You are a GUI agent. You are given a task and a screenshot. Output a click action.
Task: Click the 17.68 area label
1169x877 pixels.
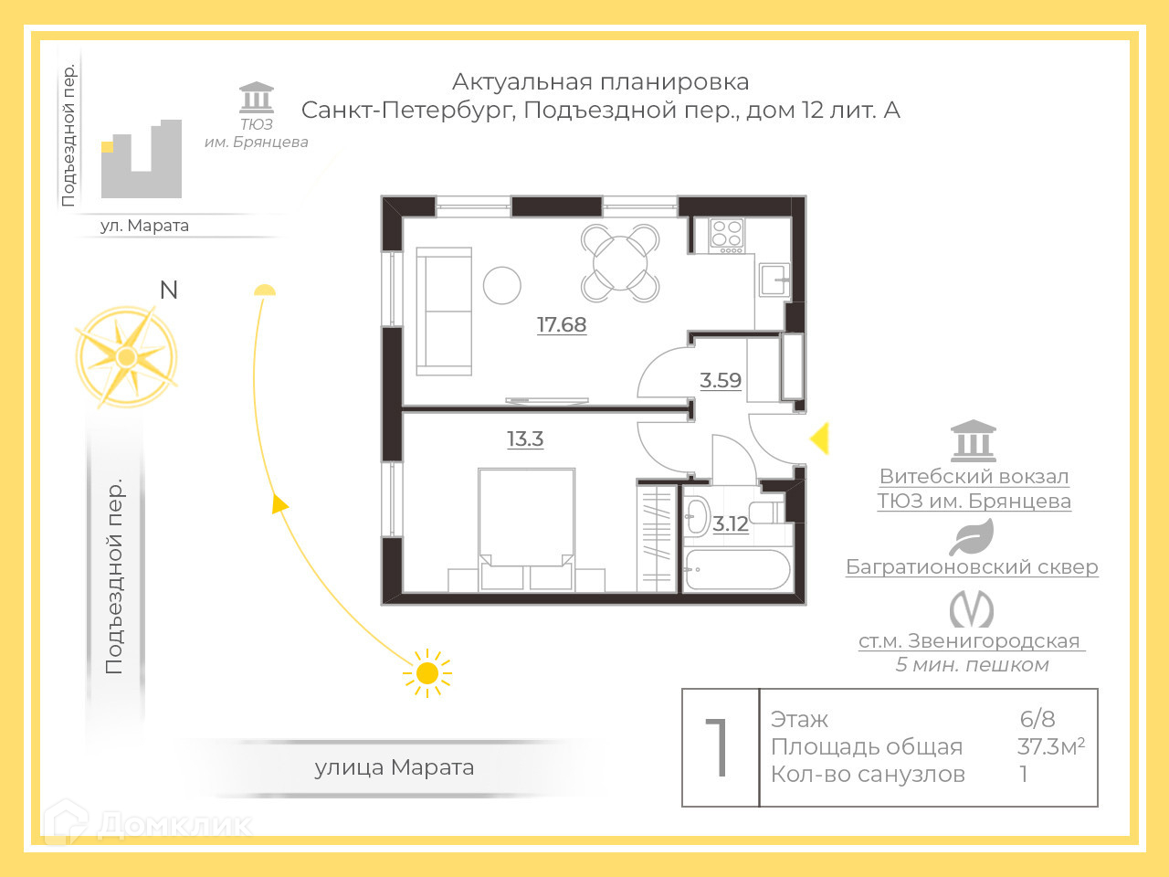click(x=562, y=324)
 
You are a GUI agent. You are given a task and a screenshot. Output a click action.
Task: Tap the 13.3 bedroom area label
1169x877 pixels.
click(x=525, y=438)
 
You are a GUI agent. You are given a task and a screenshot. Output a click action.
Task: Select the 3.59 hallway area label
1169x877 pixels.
click(x=721, y=380)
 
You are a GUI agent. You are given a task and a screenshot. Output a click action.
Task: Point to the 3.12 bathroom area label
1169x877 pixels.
click(x=731, y=523)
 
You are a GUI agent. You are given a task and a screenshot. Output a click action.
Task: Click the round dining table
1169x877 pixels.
click(x=620, y=263)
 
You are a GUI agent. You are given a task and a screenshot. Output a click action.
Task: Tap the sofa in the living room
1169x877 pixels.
click(x=444, y=311)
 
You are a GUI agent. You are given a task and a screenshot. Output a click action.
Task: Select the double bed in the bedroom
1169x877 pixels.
click(x=526, y=525)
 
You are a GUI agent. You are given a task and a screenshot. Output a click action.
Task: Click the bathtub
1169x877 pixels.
click(x=737, y=569)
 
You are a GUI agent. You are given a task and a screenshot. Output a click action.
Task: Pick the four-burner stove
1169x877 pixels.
click(x=727, y=235)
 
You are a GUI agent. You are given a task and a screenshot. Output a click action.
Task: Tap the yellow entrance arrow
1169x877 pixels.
click(x=819, y=438)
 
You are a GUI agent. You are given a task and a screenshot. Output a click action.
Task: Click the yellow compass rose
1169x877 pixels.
click(x=126, y=356)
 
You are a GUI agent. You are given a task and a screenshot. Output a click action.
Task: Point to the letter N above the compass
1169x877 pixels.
click(x=168, y=291)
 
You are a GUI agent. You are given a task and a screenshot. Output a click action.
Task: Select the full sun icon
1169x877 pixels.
click(x=427, y=674)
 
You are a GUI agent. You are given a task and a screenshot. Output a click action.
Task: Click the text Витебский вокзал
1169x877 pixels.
click(x=974, y=476)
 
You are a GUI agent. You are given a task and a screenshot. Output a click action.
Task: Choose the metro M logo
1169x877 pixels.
click(x=971, y=609)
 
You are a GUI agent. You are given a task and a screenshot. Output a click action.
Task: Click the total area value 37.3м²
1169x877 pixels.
click(x=1050, y=746)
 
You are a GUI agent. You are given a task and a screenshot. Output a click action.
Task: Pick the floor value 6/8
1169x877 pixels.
click(x=1037, y=719)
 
